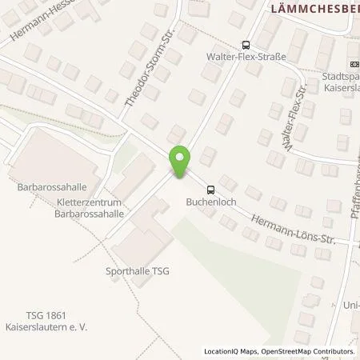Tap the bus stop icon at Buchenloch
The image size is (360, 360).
click(210, 190)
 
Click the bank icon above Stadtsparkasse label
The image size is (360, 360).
click(354, 64)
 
